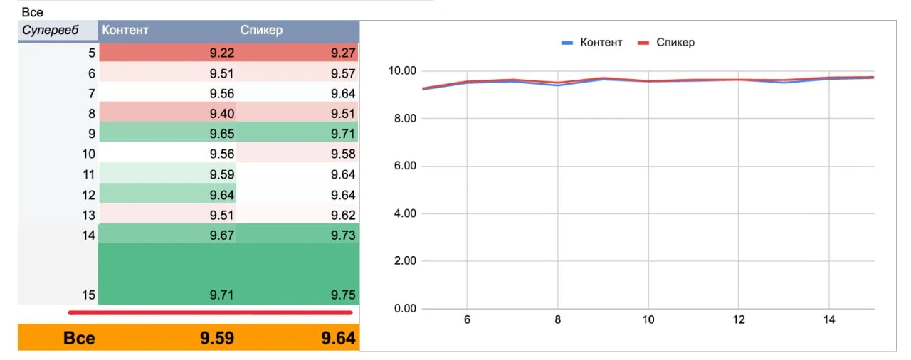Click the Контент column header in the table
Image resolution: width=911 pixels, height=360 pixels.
click(125, 30)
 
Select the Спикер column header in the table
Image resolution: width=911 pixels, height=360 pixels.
click(261, 30)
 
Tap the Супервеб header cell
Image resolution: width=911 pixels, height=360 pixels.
click(50, 30)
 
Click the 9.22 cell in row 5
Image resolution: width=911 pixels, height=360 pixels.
click(221, 53)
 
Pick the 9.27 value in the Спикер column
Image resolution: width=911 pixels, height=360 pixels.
click(343, 53)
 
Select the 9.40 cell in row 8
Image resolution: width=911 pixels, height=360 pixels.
click(221, 113)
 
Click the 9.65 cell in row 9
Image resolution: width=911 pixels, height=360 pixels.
click(221, 134)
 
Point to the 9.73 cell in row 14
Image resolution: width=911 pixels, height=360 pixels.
click(343, 235)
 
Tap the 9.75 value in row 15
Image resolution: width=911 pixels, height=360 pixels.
click(343, 295)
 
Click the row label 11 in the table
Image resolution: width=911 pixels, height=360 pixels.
click(89, 175)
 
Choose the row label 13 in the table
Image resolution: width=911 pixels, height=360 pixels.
click(89, 216)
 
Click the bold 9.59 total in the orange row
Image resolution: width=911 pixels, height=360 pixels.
click(217, 338)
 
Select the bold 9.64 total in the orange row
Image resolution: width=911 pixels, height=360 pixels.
click(338, 338)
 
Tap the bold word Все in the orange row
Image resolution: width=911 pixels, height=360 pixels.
click(79, 338)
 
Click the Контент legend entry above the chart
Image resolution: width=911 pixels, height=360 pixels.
click(591, 42)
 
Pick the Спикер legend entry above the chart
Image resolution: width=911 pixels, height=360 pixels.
click(666, 42)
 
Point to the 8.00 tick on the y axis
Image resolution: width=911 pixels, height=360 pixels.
click(405, 119)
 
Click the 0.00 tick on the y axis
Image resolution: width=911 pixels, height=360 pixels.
click(405, 309)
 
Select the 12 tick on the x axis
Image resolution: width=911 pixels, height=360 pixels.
click(739, 320)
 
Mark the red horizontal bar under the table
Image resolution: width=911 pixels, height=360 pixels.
click(210, 312)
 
